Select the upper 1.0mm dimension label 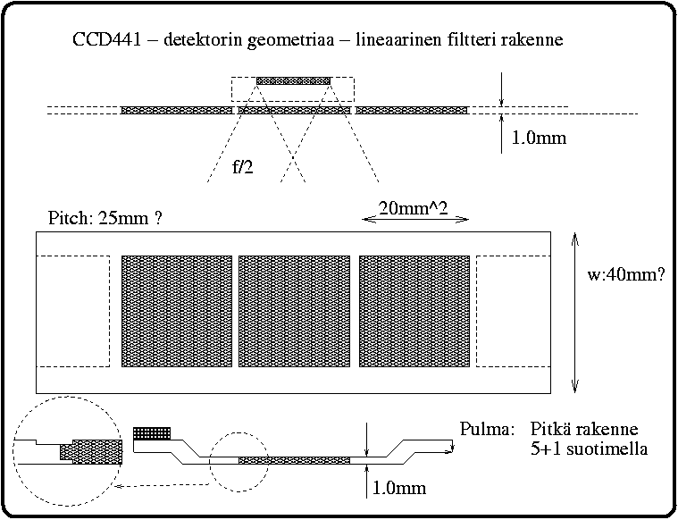(x=539, y=138)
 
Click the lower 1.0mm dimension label (x=398, y=489)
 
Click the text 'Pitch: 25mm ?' (x=107, y=218)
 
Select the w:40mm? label (x=625, y=276)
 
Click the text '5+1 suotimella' (x=587, y=448)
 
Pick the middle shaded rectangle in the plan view (x=294, y=311)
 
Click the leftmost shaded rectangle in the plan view (x=177, y=311)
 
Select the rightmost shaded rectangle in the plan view (x=414, y=311)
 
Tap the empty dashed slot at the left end (x=72, y=311)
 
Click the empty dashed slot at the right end (x=513, y=311)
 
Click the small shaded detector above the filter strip (x=293, y=81)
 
